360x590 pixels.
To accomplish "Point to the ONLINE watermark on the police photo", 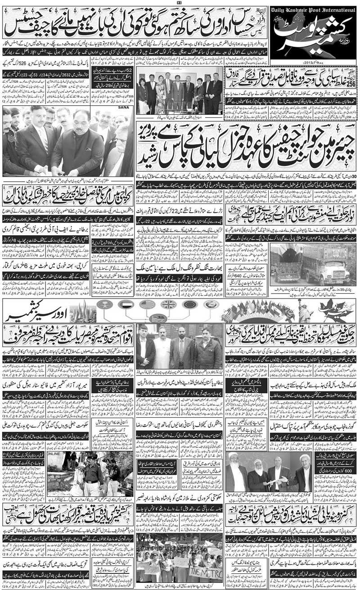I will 53,454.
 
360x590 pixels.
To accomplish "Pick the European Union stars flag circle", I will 189,304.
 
